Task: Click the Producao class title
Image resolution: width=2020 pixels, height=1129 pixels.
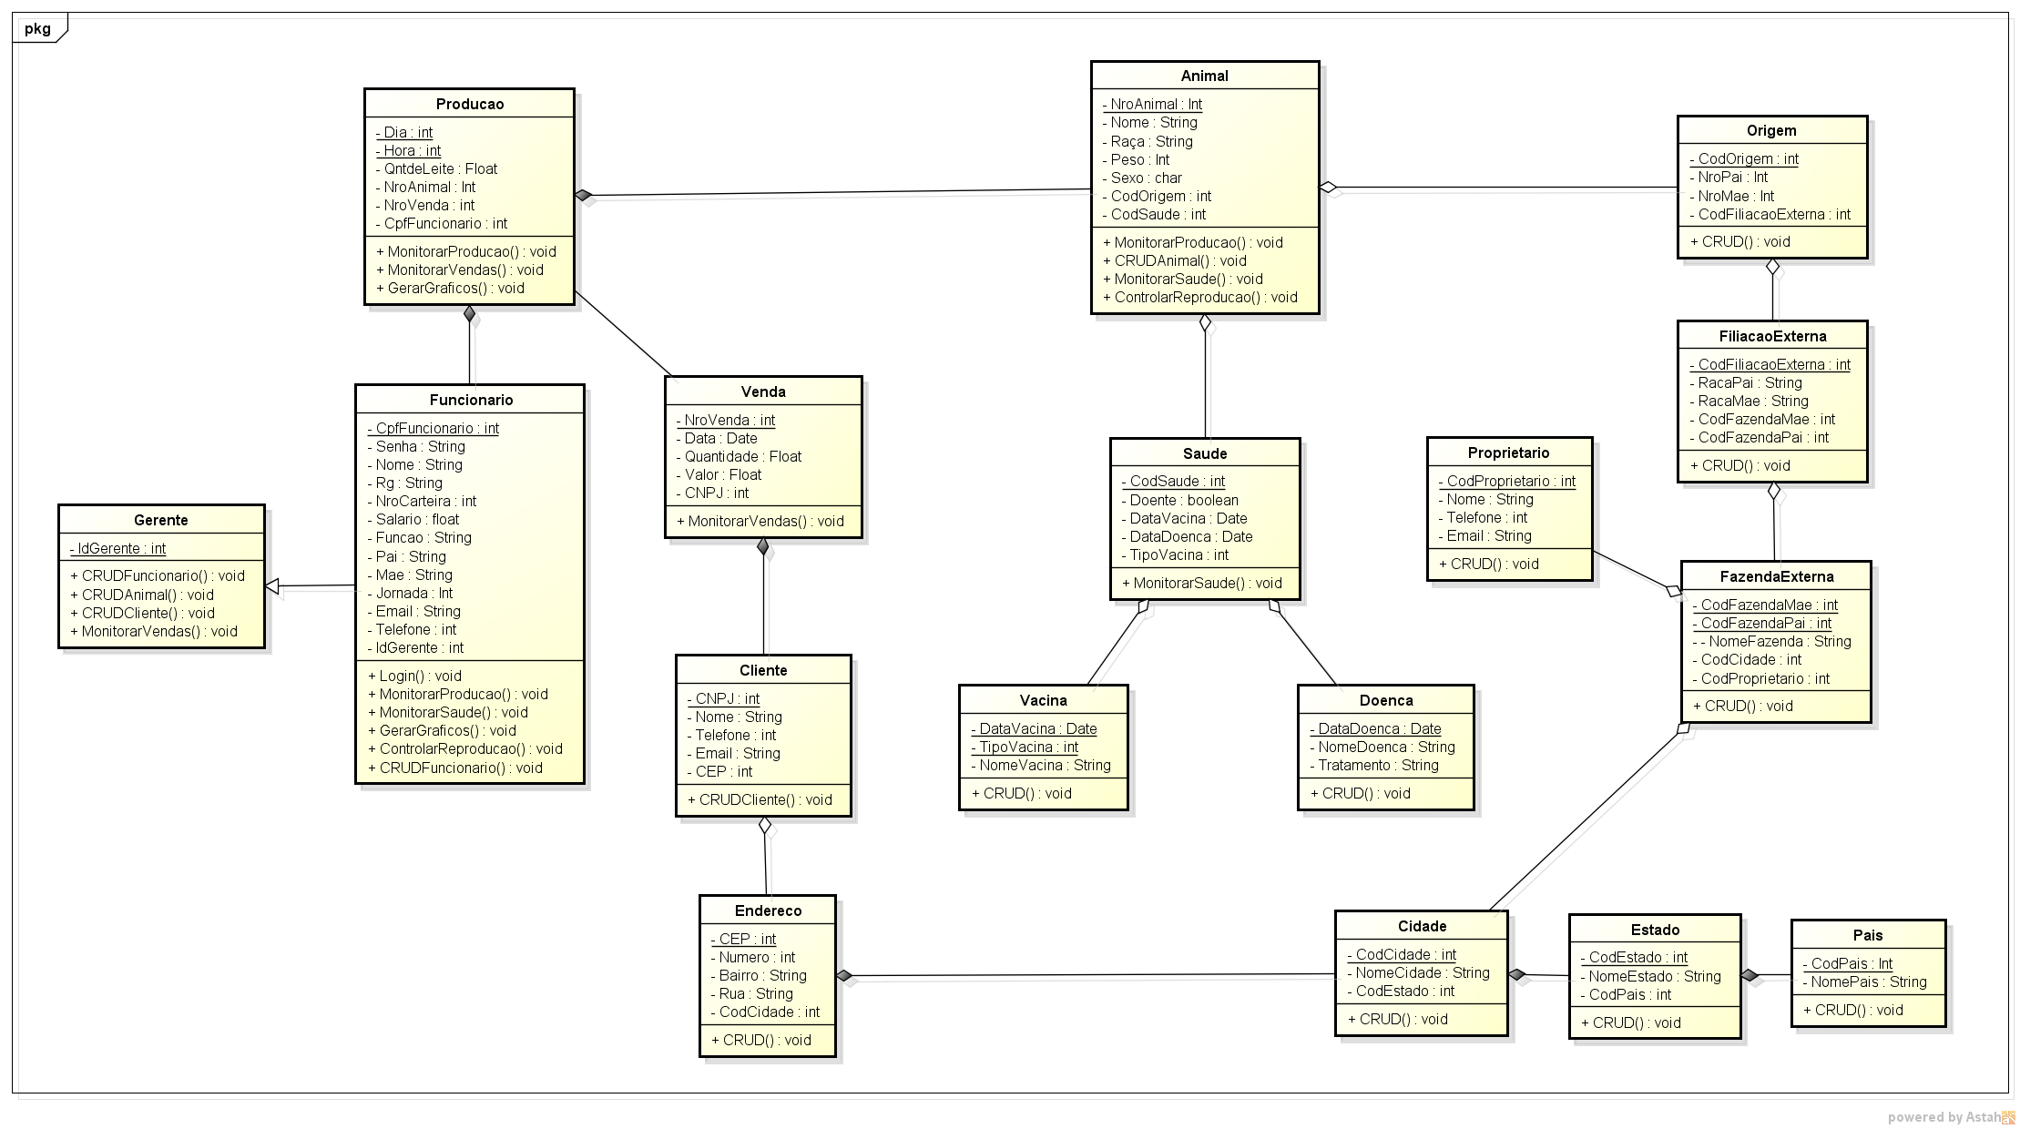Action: coord(469,104)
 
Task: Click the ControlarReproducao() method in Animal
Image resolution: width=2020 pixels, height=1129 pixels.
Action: coord(1199,297)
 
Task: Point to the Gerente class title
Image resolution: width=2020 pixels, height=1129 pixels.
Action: coord(161,520)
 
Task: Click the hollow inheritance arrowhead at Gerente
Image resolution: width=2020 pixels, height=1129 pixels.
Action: coord(272,586)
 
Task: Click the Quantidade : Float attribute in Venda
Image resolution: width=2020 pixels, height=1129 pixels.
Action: coord(739,456)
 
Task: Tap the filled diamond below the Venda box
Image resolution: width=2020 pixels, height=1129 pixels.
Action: coord(763,546)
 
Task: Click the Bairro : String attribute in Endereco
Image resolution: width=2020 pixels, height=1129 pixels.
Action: coord(759,975)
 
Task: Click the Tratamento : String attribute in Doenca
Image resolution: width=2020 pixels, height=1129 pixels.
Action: coord(1374,765)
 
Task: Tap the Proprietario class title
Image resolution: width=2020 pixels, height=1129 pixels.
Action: coord(1508,453)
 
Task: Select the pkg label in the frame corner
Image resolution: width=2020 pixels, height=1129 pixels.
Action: coord(38,28)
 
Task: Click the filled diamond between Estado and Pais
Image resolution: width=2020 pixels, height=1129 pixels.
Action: coord(1750,975)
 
